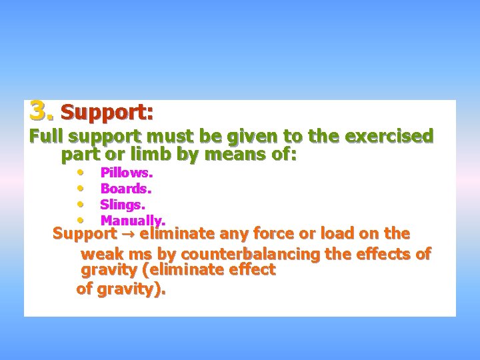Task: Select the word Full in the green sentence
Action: (45, 137)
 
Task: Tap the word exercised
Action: (387, 137)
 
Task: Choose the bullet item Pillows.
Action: (127, 173)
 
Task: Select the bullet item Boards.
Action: (125, 189)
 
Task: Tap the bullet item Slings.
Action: (123, 204)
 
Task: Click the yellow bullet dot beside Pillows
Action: (79, 171)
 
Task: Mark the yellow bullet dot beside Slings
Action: (79, 203)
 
